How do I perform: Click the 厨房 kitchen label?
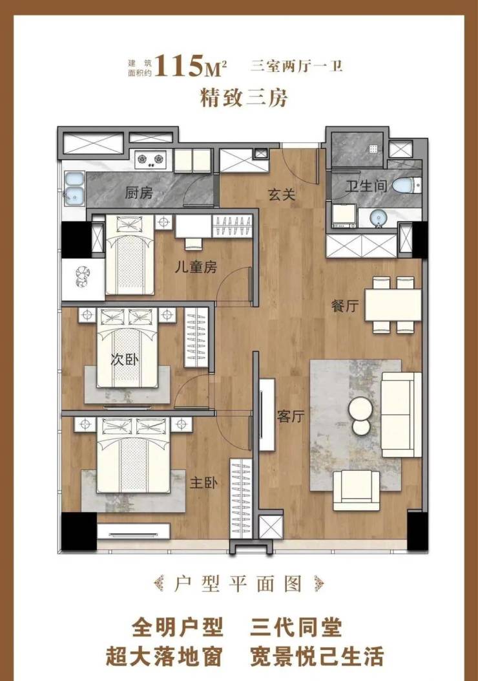[139, 192]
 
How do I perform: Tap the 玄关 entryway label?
[282, 195]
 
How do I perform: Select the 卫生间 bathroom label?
[366, 186]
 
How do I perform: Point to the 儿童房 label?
[196, 266]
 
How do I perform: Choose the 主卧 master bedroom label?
[203, 482]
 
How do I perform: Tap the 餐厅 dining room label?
[345, 306]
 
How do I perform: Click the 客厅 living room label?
[291, 416]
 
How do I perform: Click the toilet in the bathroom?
[406, 186]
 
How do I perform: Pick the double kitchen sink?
[74, 188]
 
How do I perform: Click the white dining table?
[393, 305]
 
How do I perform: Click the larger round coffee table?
[361, 409]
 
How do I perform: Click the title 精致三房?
[244, 97]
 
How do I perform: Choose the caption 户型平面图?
[238, 584]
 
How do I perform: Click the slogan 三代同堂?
[296, 627]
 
